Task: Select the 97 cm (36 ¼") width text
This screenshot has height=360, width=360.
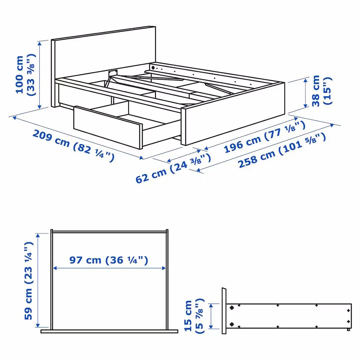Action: point(109,260)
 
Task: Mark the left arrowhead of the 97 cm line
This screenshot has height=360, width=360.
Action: point(55,268)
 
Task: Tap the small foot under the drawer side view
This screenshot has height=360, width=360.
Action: point(348,330)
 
